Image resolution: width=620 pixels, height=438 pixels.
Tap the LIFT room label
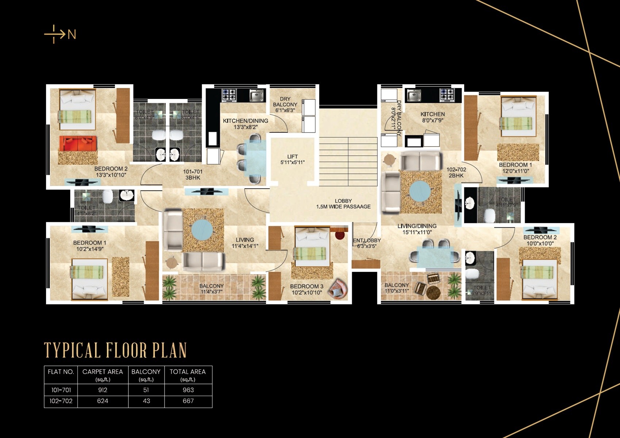pyautogui.click(x=292, y=160)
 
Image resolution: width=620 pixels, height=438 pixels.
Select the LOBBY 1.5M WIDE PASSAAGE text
pyautogui.click(x=343, y=204)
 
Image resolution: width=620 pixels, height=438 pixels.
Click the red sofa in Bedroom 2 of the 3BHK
pyautogui.click(x=78, y=143)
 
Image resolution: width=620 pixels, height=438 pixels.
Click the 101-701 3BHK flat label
pyautogui.click(x=193, y=174)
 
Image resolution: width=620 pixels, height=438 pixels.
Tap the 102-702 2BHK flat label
pyautogui.click(x=456, y=172)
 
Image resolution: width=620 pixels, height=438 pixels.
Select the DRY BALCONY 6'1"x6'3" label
pyautogui.click(x=285, y=104)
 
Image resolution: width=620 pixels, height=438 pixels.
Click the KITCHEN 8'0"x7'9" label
pyautogui.click(x=432, y=117)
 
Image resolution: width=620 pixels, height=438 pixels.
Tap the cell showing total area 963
pyautogui.click(x=188, y=390)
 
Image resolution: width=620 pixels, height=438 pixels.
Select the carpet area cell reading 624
pyautogui.click(x=103, y=401)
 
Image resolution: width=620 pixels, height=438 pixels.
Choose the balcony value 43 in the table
pyautogui.click(x=146, y=401)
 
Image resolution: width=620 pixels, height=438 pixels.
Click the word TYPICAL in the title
pyautogui.click(x=72, y=350)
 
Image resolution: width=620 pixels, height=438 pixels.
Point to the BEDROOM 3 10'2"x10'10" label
pyautogui.click(x=307, y=289)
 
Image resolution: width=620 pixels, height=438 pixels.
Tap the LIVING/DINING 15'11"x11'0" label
pyautogui.click(x=417, y=229)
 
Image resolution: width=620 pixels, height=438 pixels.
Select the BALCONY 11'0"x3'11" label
pyautogui.click(x=396, y=288)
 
